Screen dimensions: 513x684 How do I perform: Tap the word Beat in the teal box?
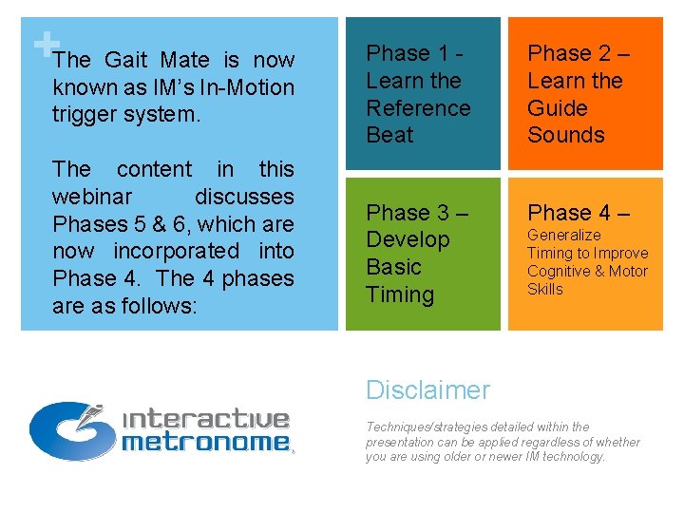[390, 135]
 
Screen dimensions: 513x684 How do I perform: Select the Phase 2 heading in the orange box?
[578, 53]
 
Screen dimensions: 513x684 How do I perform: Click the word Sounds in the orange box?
[566, 135]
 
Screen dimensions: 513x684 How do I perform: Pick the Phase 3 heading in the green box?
[417, 212]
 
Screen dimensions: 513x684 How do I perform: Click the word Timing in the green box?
[400, 294]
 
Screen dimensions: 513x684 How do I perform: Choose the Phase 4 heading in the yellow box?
[578, 212]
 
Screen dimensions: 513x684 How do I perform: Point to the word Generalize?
[564, 235]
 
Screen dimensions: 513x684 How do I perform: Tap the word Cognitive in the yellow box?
[558, 272]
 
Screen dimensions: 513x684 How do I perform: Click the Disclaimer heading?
[427, 390]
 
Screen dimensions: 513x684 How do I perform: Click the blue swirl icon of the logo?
[66, 429]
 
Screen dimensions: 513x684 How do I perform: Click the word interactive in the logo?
[206, 419]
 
